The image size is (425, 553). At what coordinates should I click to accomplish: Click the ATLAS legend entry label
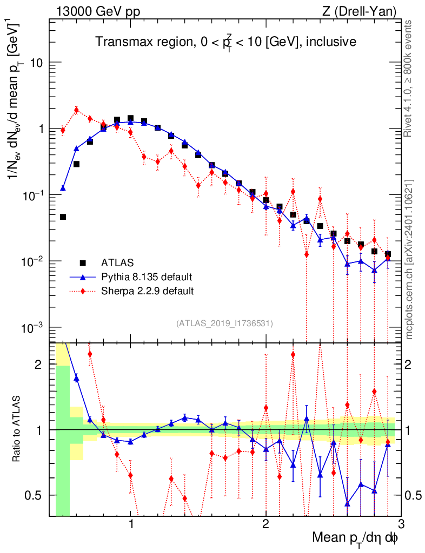[117, 263]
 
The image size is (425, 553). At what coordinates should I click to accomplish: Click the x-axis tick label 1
[131, 524]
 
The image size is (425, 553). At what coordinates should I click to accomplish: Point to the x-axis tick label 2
[266, 524]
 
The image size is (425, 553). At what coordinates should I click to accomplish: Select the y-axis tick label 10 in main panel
[36, 63]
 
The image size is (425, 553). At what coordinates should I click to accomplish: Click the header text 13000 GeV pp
[98, 12]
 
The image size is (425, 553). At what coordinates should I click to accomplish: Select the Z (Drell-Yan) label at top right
[359, 12]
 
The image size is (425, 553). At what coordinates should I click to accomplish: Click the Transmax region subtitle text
[226, 42]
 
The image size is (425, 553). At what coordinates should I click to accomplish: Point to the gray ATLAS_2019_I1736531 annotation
[224, 323]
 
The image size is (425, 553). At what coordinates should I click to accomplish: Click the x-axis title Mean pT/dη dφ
[355, 538]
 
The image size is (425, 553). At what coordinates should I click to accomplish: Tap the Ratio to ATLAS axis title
[16, 429]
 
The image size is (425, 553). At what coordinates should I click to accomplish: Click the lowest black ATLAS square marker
[63, 217]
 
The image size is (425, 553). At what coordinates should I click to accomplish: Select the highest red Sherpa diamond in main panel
[76, 110]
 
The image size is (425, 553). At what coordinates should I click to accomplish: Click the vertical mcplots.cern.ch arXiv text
[409, 260]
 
